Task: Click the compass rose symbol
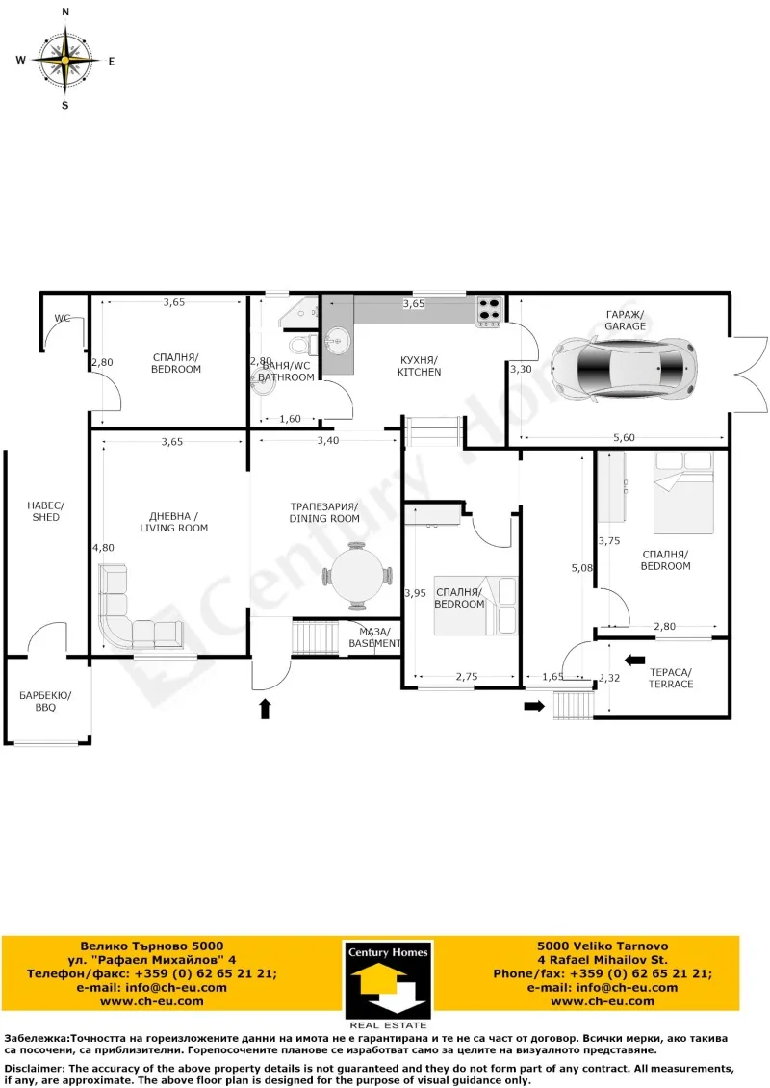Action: tap(65, 60)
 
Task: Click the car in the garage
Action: tap(624, 368)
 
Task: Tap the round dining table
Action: tap(357, 576)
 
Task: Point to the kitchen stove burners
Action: tap(489, 310)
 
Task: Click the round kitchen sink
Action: tap(338, 339)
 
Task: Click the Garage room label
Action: tap(625, 321)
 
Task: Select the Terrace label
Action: tap(670, 678)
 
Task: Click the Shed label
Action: tap(45, 511)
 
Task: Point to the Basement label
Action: tap(373, 637)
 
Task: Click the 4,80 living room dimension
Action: tap(102, 548)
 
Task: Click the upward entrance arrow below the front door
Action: tap(266, 710)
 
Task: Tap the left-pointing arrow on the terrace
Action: tap(634, 660)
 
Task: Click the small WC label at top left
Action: tap(62, 317)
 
